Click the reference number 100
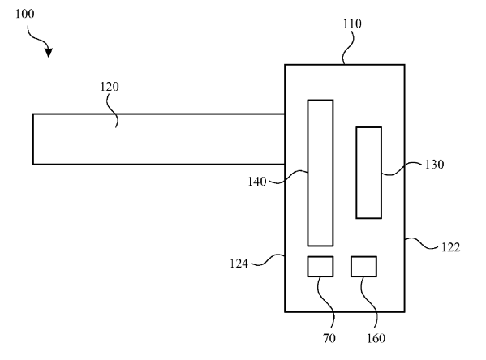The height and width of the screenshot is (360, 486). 25,14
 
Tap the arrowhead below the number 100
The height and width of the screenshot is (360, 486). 49,53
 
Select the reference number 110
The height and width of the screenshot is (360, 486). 352,24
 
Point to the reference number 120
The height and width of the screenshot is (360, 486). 110,87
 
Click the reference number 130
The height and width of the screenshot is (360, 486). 434,165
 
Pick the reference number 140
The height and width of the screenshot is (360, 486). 257,182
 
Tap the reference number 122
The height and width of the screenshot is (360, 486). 450,247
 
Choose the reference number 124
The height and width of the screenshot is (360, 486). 239,264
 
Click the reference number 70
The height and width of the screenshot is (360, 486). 329,338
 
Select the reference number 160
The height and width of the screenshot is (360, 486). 376,338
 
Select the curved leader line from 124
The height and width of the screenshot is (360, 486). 269,260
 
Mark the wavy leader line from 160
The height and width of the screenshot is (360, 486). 369,302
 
